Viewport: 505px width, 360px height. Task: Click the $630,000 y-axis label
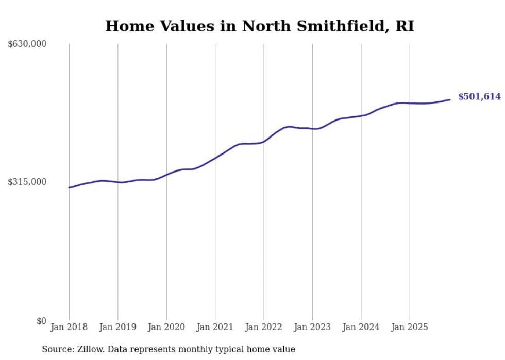pyautogui.click(x=27, y=44)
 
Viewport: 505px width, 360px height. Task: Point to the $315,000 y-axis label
pyautogui.click(x=27, y=182)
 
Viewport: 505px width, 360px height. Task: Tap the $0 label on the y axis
pyautogui.click(x=41, y=321)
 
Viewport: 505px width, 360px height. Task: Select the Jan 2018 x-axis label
pyautogui.click(x=69, y=327)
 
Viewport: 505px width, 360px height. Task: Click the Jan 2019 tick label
pyautogui.click(x=117, y=327)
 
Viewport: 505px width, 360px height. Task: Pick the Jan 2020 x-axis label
pyautogui.click(x=166, y=327)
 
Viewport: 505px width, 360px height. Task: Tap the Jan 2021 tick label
pyautogui.click(x=215, y=327)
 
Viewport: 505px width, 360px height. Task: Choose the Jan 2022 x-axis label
pyautogui.click(x=263, y=327)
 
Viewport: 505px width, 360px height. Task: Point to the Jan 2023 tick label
pyautogui.click(x=312, y=327)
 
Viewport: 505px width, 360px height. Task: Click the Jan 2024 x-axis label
pyautogui.click(x=361, y=327)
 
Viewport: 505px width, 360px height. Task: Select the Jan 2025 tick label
pyautogui.click(x=409, y=327)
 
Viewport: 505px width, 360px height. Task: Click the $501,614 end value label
pyautogui.click(x=479, y=97)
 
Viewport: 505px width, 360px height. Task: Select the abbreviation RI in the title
pyautogui.click(x=405, y=26)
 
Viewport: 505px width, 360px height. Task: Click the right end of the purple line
pyautogui.click(x=450, y=99)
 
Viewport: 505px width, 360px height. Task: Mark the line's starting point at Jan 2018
pyautogui.click(x=69, y=187)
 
